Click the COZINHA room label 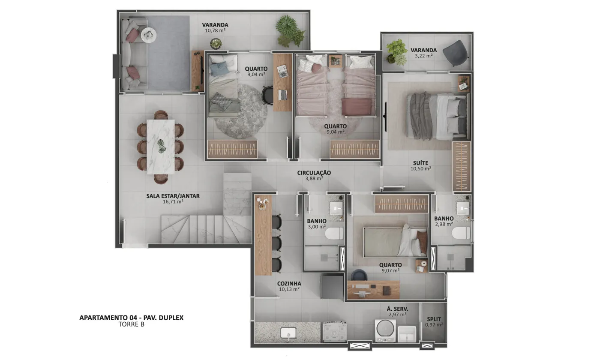(289, 283)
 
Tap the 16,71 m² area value (173, 202)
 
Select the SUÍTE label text (420, 163)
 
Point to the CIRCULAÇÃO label (314, 173)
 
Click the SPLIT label (434, 319)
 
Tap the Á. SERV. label (398, 309)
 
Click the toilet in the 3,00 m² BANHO (334, 233)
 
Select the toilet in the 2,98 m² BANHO (461, 232)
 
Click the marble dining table (161, 147)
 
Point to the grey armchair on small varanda (455, 53)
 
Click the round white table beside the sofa (149, 35)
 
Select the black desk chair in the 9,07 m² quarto (359, 275)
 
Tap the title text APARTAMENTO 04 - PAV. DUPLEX (131, 318)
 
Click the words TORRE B (131, 324)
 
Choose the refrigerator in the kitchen (332, 287)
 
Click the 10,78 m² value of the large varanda (215, 30)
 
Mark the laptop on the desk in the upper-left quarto (282, 95)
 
